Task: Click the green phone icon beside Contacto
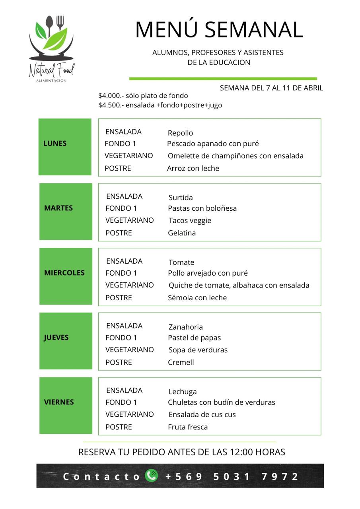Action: coord(152,476)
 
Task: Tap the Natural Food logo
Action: coord(51,49)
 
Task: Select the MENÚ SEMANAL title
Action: coord(219,30)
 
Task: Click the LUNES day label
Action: coord(55,144)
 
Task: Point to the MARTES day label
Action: coord(58,208)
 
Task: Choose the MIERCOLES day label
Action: coord(64,273)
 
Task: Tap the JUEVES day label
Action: coord(56,338)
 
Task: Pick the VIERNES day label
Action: coord(59,402)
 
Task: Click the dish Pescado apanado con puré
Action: coord(213,144)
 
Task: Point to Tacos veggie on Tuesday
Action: coord(190,221)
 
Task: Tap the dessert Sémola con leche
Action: coord(197,298)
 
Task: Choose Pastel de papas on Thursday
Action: coord(194,338)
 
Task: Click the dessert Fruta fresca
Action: coord(188,427)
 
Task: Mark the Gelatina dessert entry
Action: coord(182,233)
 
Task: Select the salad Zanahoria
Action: coord(185,327)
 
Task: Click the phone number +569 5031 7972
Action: coord(232,476)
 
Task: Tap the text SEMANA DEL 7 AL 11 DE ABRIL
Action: coord(271,88)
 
